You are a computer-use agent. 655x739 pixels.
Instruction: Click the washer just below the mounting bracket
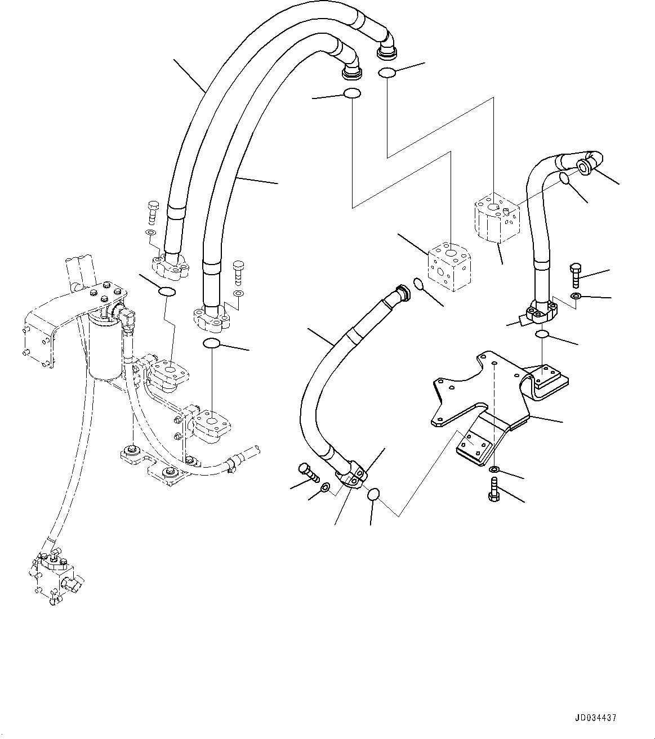pos(494,469)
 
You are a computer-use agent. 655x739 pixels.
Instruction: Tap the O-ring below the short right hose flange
pos(541,334)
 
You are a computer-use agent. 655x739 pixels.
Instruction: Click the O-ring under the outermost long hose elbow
pos(386,72)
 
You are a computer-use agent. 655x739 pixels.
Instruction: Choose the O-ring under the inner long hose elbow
pos(351,94)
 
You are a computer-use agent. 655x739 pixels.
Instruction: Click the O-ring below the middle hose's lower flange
pos(373,494)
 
